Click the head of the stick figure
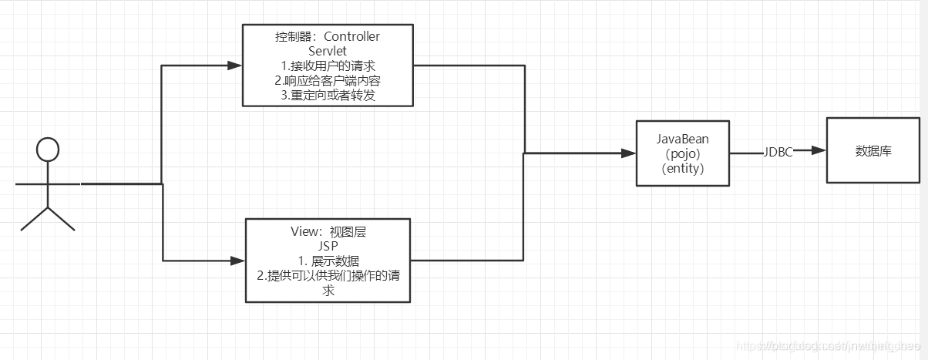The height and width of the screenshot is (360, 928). pos(48,150)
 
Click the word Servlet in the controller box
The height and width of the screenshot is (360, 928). pos(328,51)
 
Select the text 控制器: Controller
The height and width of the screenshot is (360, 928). pos(328,37)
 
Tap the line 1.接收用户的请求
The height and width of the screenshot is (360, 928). pos(328,66)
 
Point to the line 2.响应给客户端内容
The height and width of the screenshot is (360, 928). pos(328,80)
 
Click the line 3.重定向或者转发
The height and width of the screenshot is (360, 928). pos(328,95)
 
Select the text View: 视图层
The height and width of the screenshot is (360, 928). pos(328,230)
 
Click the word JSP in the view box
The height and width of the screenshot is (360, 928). pos(328,245)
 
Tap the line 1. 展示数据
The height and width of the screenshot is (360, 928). pos(328,261)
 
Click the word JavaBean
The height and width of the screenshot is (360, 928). pos(682,139)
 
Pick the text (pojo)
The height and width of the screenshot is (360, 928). pos(682,153)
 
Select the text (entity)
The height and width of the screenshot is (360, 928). pos(682,168)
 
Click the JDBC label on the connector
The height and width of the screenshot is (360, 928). pos(778,152)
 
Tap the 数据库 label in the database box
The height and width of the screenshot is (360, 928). pos(873,151)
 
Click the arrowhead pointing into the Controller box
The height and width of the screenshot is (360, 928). pos(235,66)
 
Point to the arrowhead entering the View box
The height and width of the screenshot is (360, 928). pos(238,261)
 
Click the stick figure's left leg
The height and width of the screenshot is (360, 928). pos(34,219)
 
